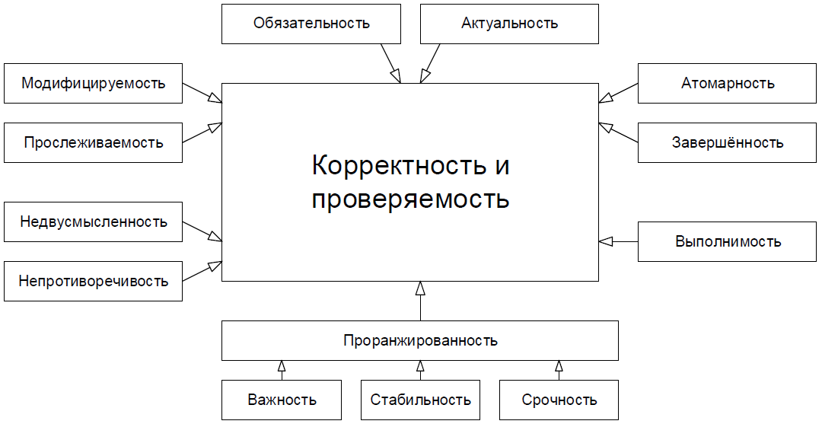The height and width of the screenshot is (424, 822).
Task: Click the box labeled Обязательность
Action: click(x=311, y=23)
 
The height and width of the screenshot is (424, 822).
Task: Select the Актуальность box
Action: click(x=509, y=23)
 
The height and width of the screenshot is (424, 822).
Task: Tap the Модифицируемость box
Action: click(x=93, y=83)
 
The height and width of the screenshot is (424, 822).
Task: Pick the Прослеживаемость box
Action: click(x=93, y=142)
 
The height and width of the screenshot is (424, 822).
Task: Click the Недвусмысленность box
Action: click(x=93, y=222)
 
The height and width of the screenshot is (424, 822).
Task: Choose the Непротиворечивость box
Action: click(x=93, y=281)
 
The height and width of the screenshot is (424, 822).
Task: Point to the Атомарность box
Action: click(x=728, y=83)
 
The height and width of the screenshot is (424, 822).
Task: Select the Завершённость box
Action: click(x=728, y=142)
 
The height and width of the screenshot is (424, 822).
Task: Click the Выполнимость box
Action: click(x=728, y=241)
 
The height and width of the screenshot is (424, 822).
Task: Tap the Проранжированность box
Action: click(x=419, y=340)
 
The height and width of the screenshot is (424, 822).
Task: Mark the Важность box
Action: click(x=282, y=400)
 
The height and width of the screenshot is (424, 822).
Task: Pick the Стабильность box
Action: click(x=420, y=400)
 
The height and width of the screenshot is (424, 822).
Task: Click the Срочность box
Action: click(x=559, y=400)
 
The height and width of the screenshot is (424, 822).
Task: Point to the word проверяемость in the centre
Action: click(x=411, y=199)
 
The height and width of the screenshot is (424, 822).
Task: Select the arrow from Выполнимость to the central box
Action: click(x=618, y=241)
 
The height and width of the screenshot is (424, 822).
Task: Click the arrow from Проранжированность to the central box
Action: click(x=419, y=301)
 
